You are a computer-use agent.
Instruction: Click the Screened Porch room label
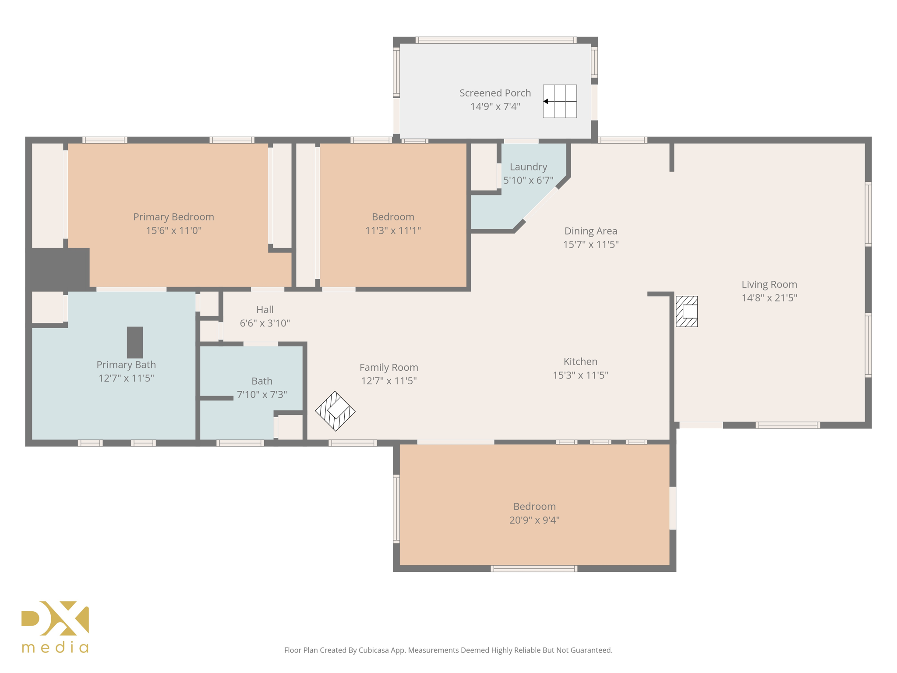[x=495, y=93]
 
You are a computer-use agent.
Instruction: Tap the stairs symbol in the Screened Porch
[x=559, y=101]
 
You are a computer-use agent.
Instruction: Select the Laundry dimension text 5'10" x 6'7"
[x=528, y=180]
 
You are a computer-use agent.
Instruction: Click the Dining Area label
[x=590, y=231]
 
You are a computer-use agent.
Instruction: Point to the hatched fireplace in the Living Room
[x=686, y=312]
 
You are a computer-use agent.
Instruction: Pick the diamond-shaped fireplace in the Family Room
[x=335, y=411]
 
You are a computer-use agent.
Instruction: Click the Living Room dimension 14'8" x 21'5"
[x=769, y=298]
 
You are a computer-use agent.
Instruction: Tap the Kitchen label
[x=580, y=361]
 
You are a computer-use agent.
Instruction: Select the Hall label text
[x=265, y=310]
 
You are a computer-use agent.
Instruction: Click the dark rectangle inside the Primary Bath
[x=135, y=342]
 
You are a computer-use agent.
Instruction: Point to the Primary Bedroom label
[x=173, y=217]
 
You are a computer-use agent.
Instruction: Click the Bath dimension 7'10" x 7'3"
[x=262, y=394]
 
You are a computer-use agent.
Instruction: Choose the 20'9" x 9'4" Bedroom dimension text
[x=534, y=520]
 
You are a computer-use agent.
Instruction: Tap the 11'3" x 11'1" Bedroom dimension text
[x=393, y=230]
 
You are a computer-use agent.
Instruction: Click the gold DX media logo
[x=55, y=627]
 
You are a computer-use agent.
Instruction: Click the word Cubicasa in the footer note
[x=375, y=650]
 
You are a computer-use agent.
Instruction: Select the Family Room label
[x=388, y=367]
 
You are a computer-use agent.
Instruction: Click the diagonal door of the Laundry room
[x=541, y=204]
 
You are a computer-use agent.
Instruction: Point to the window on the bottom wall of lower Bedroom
[x=534, y=569]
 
